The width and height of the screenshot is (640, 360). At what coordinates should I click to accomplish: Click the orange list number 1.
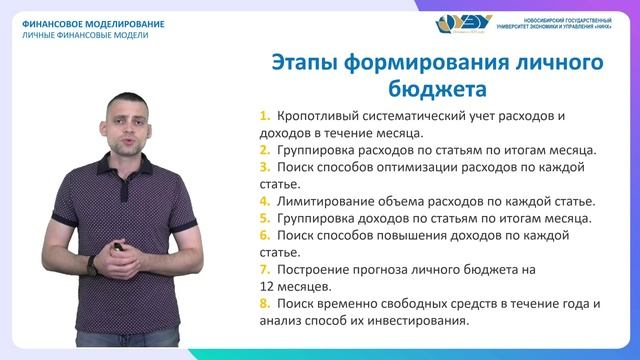[x=264, y=115]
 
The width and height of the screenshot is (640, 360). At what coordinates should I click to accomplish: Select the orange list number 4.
[x=264, y=200]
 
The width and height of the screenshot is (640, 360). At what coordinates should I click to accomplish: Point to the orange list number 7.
[x=264, y=269]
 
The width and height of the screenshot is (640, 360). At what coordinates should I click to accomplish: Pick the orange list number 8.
[x=264, y=304]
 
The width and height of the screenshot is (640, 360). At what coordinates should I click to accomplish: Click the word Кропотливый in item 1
[x=324, y=115]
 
